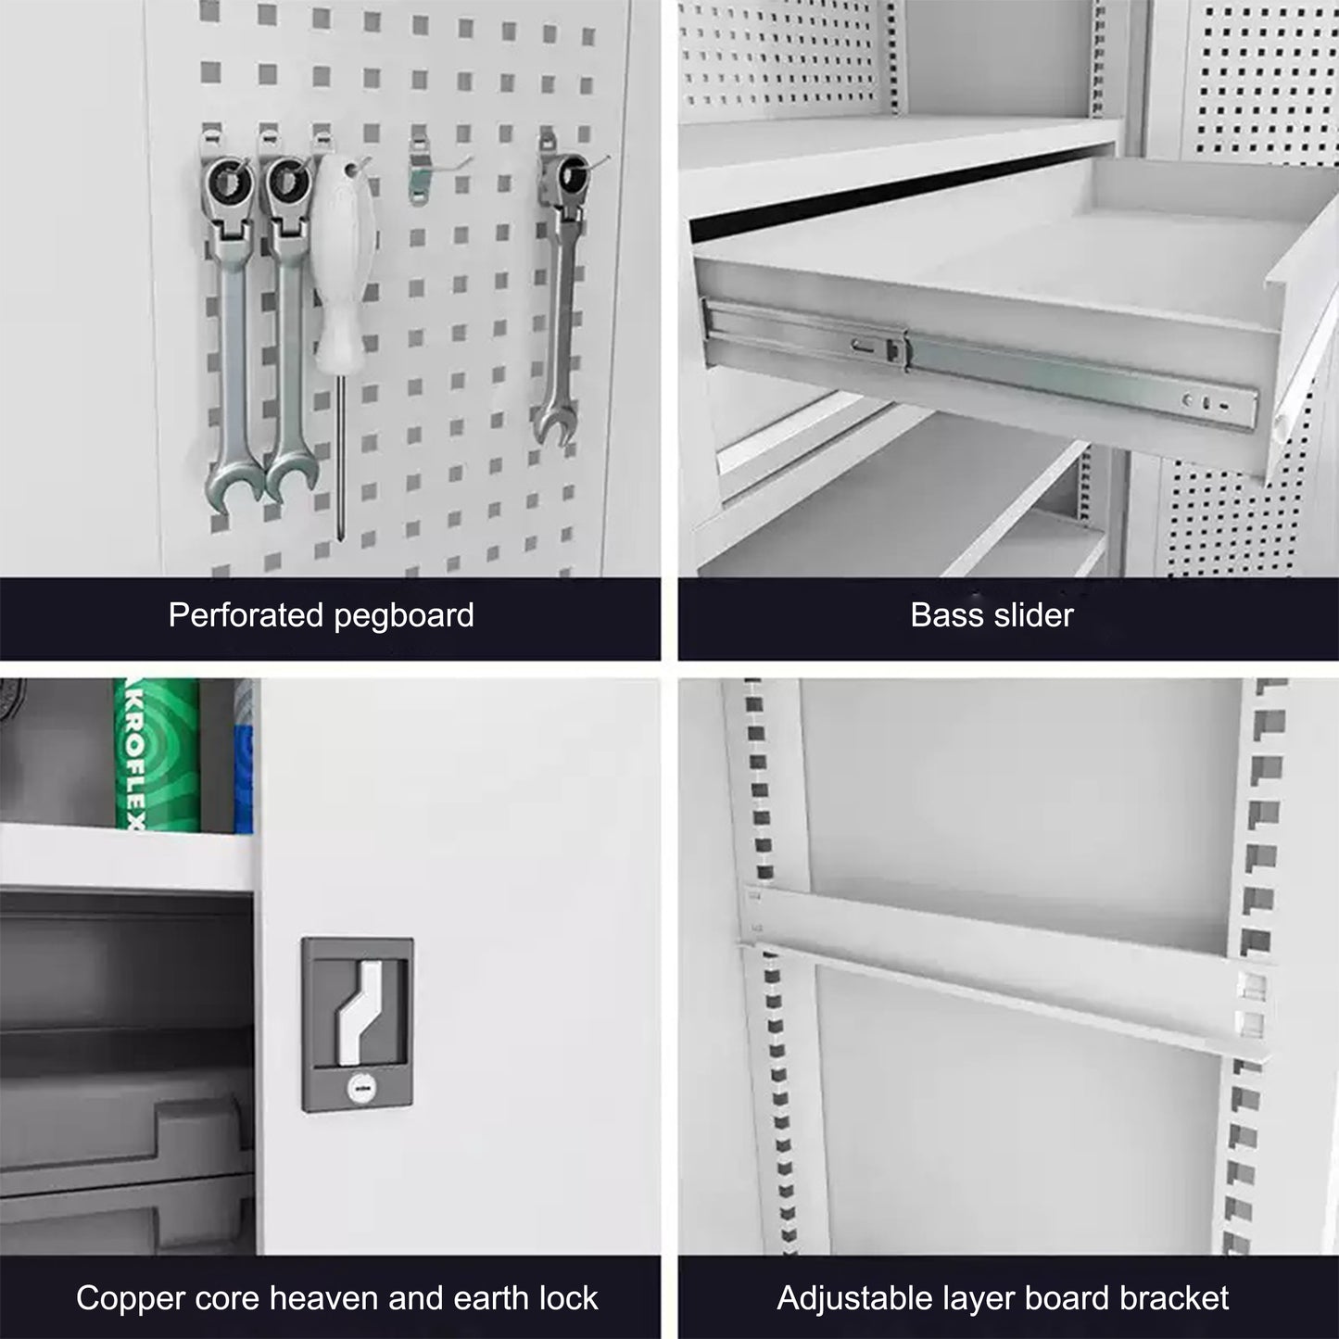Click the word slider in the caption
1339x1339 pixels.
[1031, 615]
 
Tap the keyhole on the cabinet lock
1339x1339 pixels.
[358, 1090]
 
